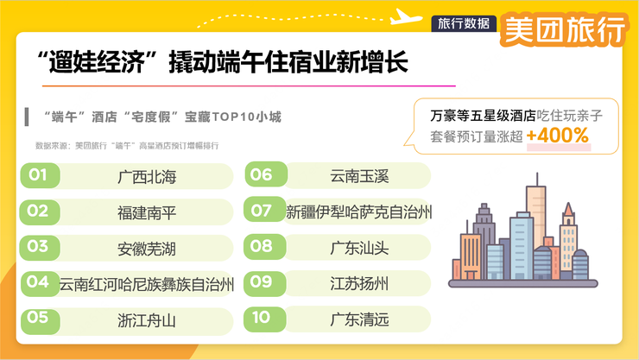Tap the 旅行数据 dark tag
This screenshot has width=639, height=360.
(x=463, y=23)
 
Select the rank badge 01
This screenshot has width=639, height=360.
(x=37, y=176)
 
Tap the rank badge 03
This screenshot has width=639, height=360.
(x=37, y=246)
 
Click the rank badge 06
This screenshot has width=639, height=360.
(x=261, y=175)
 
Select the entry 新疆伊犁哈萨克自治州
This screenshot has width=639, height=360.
(x=359, y=211)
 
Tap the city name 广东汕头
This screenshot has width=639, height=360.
(x=359, y=247)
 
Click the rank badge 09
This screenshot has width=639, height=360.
(x=261, y=282)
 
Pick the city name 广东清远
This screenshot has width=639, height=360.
(x=359, y=319)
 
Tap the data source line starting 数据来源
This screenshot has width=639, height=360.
(x=126, y=146)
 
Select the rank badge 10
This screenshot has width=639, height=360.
(x=261, y=319)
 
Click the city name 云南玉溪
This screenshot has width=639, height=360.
(x=359, y=176)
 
